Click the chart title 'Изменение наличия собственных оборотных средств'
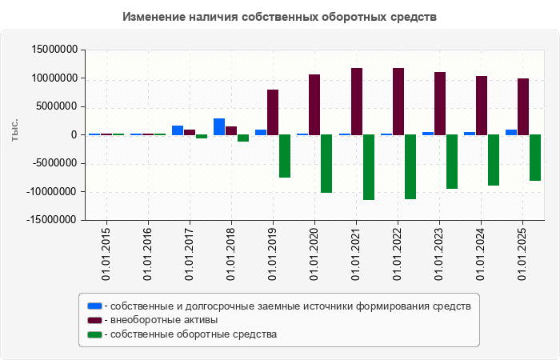pyautogui.click(x=280, y=17)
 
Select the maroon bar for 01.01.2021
pyautogui.click(x=356, y=102)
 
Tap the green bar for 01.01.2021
pyautogui.click(x=368, y=167)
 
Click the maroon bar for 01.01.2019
pyautogui.click(x=273, y=112)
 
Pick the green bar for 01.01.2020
pyautogui.click(x=326, y=163)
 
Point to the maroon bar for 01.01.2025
pyautogui.click(x=523, y=106)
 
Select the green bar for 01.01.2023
pyautogui.click(x=452, y=162)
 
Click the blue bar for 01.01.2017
pyautogui.click(x=178, y=130)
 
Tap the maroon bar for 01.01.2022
pyautogui.click(x=398, y=102)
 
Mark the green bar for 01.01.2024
pyautogui.click(x=494, y=160)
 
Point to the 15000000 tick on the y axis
pyautogui.click(x=53, y=50)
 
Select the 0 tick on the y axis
pyautogui.click(x=73, y=135)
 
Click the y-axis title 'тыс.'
pyautogui.click(x=15, y=130)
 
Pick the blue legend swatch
pyautogui.click(x=94, y=306)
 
